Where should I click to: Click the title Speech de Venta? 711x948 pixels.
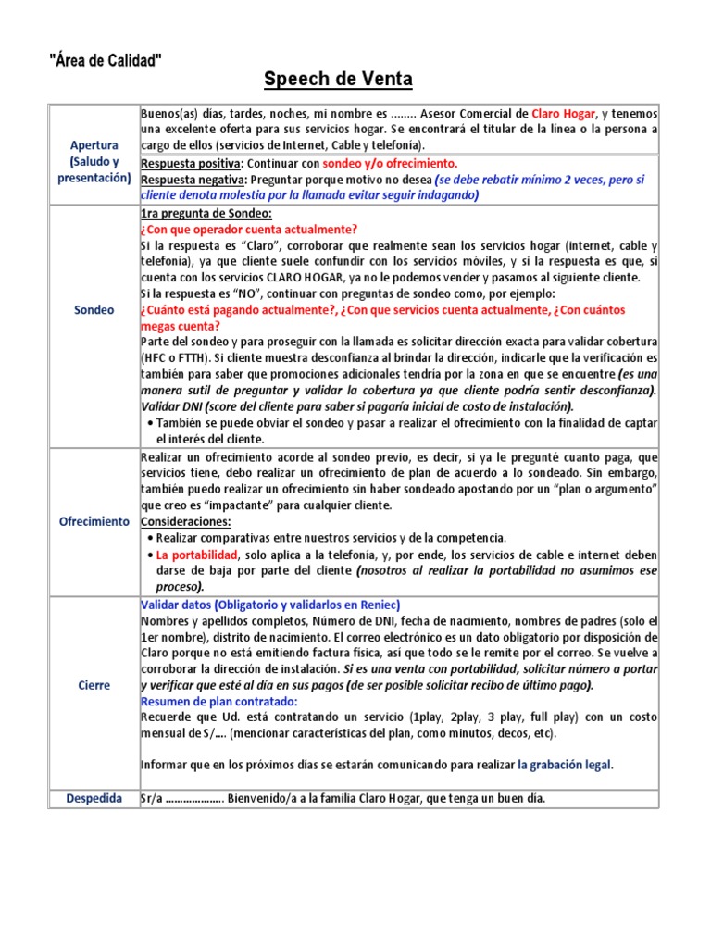(x=338, y=79)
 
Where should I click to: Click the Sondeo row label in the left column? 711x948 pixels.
(x=94, y=310)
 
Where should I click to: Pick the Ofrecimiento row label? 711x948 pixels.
(x=94, y=521)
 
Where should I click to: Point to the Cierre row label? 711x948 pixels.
(x=94, y=685)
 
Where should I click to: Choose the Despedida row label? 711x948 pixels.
(x=94, y=798)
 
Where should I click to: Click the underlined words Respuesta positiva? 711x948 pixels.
(x=192, y=163)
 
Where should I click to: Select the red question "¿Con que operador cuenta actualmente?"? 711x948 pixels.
(x=248, y=229)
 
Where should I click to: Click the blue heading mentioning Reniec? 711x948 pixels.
(x=262, y=604)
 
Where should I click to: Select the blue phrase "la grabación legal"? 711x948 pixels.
(x=565, y=765)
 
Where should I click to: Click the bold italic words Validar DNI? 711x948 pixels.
(x=171, y=406)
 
